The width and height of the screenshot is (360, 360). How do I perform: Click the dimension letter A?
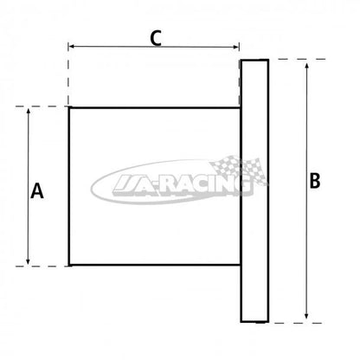[37, 191]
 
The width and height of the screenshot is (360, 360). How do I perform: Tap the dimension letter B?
[315, 180]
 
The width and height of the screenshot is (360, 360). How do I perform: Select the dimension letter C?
[156, 38]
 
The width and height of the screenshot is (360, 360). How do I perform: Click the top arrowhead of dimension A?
[28, 111]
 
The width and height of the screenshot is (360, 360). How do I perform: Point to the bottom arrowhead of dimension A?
[28, 261]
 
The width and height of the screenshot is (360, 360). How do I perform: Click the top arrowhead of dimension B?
[306, 65]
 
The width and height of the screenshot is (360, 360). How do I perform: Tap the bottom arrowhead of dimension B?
[306, 316]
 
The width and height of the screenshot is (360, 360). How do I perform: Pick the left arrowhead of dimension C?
[72, 46]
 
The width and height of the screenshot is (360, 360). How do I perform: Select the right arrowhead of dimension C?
[235, 47]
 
